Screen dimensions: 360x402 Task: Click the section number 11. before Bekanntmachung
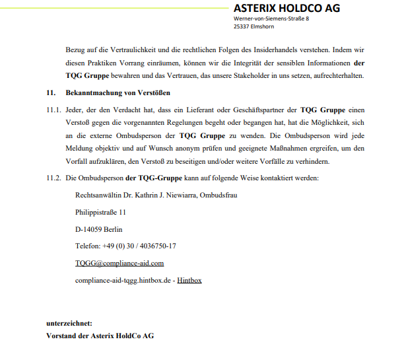pos(50,93)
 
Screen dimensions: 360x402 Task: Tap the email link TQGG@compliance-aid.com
pos(119,263)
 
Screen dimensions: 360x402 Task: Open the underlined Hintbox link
pos(189,280)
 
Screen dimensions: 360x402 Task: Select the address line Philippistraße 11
pos(100,212)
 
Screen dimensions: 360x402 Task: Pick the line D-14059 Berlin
pos(98,229)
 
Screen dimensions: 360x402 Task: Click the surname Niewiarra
pos(175,195)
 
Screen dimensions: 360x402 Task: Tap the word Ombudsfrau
pos(218,195)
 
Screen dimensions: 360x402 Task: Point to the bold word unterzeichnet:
pos(69,324)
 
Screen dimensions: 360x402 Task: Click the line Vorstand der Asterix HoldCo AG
pos(100,336)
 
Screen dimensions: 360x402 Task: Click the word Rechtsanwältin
pos(98,195)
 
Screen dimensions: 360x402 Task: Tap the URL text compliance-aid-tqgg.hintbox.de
pos(122,280)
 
